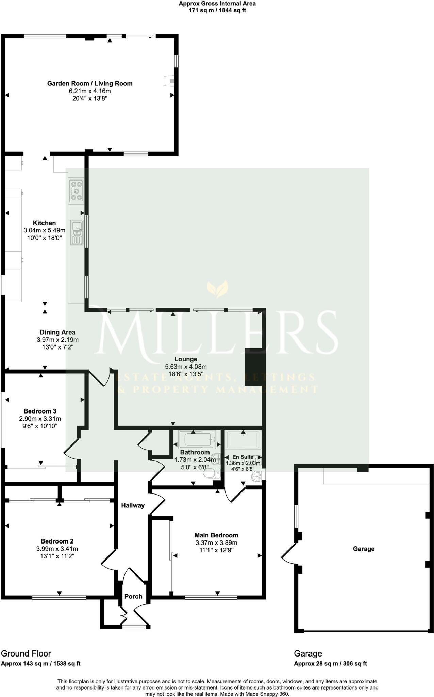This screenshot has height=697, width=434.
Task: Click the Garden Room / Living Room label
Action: click(x=90, y=83)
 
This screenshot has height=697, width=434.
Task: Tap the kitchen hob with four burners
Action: click(x=76, y=191)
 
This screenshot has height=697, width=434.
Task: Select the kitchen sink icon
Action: click(x=77, y=232)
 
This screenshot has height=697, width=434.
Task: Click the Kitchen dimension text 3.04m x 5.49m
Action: click(x=44, y=230)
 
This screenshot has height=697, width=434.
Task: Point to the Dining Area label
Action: click(x=57, y=332)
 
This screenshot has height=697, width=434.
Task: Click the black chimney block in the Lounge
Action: click(x=253, y=367)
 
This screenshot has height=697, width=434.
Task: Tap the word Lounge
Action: click(x=186, y=359)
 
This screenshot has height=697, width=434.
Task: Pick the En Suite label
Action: click(x=243, y=457)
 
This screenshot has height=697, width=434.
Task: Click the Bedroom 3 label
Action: click(x=40, y=411)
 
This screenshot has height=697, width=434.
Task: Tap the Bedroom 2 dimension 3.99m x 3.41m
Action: click(x=57, y=549)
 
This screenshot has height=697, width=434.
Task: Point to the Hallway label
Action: click(x=133, y=505)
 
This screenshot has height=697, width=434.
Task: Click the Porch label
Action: click(x=133, y=596)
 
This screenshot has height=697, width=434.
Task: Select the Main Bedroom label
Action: click(x=216, y=535)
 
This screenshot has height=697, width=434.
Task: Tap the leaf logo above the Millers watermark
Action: click(x=217, y=289)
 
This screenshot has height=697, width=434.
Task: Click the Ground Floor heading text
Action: click(x=26, y=653)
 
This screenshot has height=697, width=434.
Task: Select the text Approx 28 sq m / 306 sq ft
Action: click(x=330, y=663)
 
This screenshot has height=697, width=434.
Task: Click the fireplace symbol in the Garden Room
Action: click(x=169, y=81)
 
